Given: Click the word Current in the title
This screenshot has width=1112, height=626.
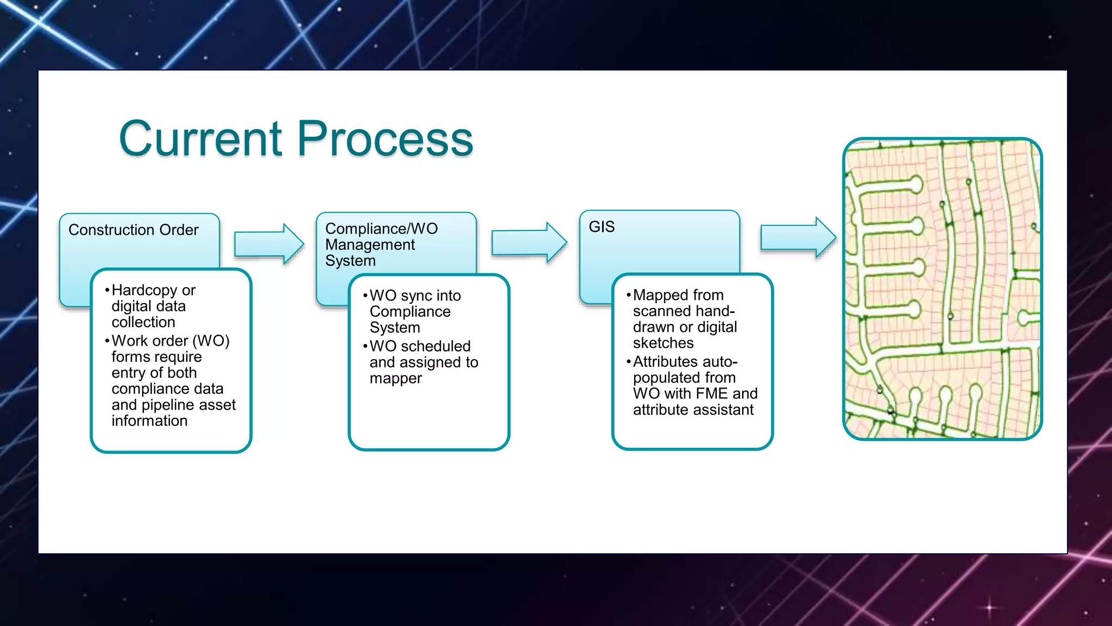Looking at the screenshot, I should pyautogui.click(x=200, y=139).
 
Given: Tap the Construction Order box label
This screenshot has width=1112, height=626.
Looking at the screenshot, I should pyautogui.click(x=134, y=230).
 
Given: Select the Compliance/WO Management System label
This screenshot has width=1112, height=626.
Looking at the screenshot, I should pyautogui.click(x=381, y=244).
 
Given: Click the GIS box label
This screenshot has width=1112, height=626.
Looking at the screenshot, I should pyautogui.click(x=602, y=227).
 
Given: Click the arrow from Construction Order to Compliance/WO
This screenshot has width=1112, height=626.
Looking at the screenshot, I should pyautogui.click(x=269, y=244).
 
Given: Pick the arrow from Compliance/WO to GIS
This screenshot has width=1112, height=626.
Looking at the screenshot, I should pyautogui.click(x=529, y=242).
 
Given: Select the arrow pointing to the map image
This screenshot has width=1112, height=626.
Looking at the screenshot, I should pyautogui.click(x=798, y=238).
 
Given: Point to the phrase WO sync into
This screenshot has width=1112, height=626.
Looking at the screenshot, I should pyautogui.click(x=415, y=296).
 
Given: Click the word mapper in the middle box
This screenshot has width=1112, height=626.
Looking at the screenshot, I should pyautogui.click(x=395, y=379).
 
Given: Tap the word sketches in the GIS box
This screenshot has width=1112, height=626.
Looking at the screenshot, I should pyautogui.click(x=663, y=343).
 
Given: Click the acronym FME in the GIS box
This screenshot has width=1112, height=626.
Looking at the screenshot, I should pyautogui.click(x=696, y=393).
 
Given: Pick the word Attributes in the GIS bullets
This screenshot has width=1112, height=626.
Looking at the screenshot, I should pyautogui.click(x=666, y=361).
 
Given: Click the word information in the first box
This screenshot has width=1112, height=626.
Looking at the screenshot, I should pyautogui.click(x=149, y=421).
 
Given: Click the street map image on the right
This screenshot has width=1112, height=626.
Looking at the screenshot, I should pyautogui.click(x=942, y=289).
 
